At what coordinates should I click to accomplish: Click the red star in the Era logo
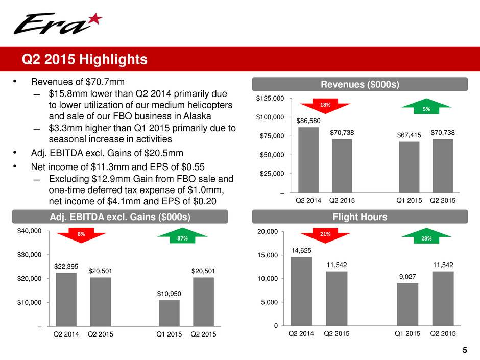click(x=95, y=19)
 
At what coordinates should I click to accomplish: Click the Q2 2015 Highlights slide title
click(x=84, y=59)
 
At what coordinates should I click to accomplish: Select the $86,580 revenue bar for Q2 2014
click(x=308, y=160)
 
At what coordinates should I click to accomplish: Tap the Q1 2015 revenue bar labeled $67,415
click(x=409, y=167)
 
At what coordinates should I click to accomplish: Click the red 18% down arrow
click(x=325, y=106)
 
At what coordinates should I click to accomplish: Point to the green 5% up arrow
click(x=426, y=106)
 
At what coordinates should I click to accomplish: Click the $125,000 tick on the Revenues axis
click(x=270, y=98)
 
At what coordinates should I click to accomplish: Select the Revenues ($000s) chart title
click(x=359, y=84)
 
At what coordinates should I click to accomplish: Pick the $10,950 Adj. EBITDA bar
click(x=169, y=313)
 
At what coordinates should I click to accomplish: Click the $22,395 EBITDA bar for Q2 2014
click(x=66, y=299)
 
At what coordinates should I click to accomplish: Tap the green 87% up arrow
click(x=182, y=236)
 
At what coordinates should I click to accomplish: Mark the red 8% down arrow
click(x=81, y=235)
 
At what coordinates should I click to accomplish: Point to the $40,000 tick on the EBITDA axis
click(x=30, y=231)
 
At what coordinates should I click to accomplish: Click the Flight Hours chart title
click(x=359, y=217)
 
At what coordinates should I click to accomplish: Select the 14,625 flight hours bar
click(x=301, y=291)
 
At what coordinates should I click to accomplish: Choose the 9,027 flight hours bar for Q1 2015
click(x=407, y=304)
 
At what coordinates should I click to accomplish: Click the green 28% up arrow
click(x=426, y=236)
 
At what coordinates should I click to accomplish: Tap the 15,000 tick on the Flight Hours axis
click(x=268, y=255)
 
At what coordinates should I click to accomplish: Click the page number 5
click(x=465, y=350)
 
